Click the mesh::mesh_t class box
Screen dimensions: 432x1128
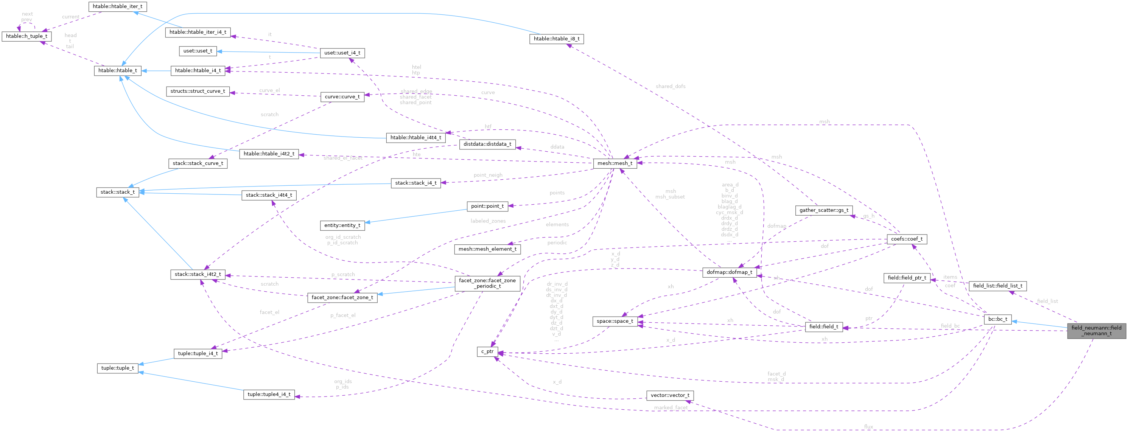point(615,163)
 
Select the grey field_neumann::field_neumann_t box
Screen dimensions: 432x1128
point(1096,331)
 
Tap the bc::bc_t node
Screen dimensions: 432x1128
point(997,319)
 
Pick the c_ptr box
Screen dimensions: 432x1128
point(487,351)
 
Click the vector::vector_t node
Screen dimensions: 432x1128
point(669,395)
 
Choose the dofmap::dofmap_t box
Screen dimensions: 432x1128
point(729,272)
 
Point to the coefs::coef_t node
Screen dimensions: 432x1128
point(906,239)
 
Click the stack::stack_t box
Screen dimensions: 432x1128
point(117,192)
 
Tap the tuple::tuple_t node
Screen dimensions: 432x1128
point(117,368)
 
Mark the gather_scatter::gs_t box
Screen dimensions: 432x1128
point(824,210)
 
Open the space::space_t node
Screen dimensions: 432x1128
point(615,321)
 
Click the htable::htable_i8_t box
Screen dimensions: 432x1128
point(556,39)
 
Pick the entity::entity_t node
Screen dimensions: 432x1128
point(342,225)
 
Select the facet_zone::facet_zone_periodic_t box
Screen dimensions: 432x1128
point(487,283)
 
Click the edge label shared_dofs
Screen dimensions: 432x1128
point(671,86)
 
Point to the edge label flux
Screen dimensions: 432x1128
point(868,426)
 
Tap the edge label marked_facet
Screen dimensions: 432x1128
point(671,407)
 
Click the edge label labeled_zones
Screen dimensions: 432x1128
point(488,221)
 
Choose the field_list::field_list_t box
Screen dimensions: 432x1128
point(997,286)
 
